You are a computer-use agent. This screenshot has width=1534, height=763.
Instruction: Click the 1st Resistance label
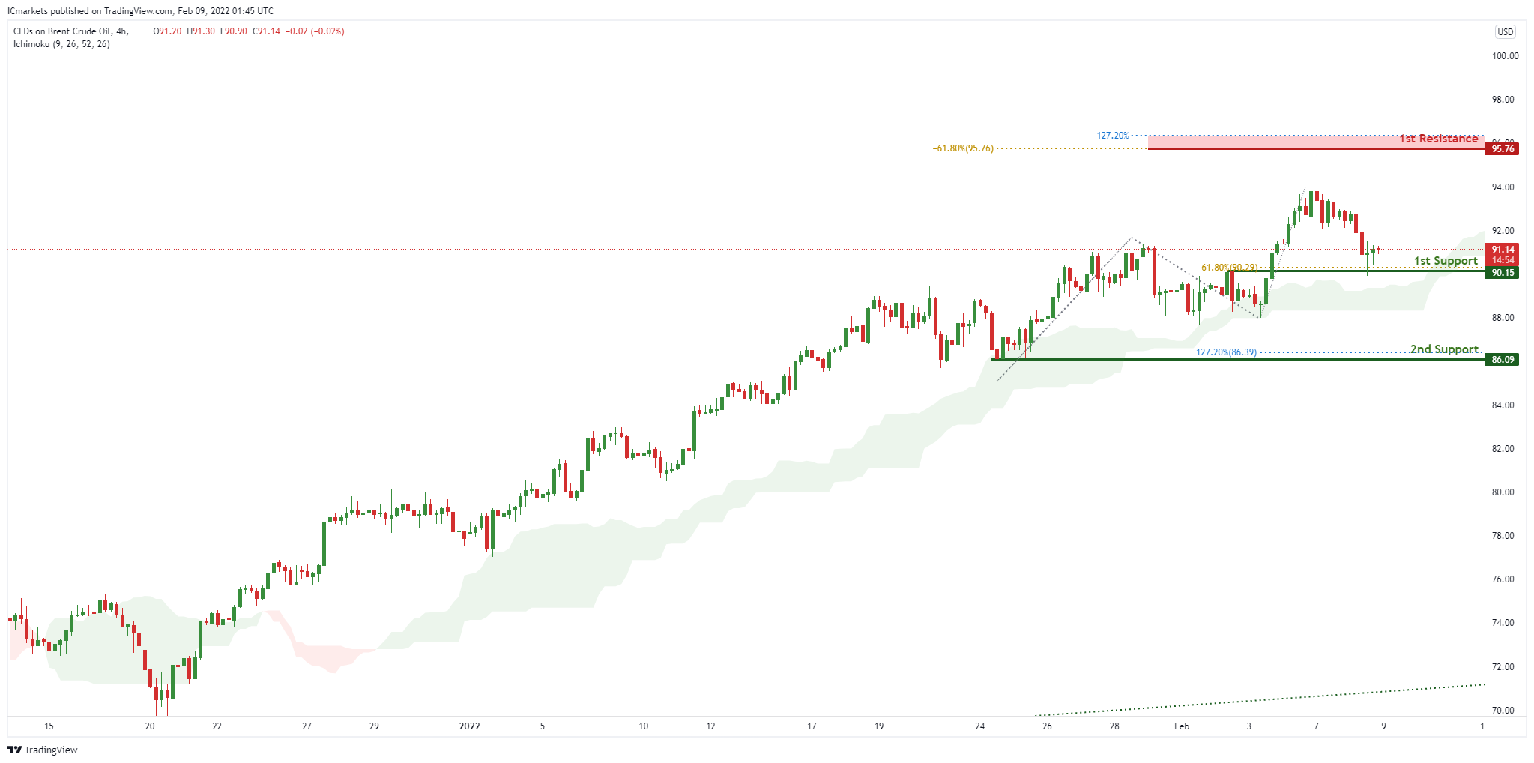pyautogui.click(x=1438, y=139)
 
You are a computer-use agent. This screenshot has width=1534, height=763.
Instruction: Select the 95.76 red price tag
pyautogui.click(x=1502, y=149)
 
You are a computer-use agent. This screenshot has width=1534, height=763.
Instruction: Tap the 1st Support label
pyautogui.click(x=1446, y=261)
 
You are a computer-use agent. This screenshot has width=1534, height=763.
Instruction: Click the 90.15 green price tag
pyautogui.click(x=1502, y=273)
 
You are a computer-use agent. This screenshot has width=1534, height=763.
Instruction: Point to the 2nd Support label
pyautogui.click(x=1444, y=349)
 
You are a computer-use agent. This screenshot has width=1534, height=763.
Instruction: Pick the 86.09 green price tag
pyautogui.click(x=1502, y=360)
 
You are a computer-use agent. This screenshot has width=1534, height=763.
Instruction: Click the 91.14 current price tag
pyautogui.click(x=1502, y=250)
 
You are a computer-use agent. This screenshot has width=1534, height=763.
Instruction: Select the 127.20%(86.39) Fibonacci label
pyautogui.click(x=1226, y=352)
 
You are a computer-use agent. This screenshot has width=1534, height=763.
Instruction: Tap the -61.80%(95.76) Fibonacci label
pyautogui.click(x=963, y=148)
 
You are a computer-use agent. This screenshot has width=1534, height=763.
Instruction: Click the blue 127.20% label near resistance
pyautogui.click(x=1113, y=136)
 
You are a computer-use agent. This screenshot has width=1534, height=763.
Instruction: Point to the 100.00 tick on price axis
pyautogui.click(x=1505, y=56)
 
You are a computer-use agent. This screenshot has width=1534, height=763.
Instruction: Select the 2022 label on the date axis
pyautogui.click(x=470, y=726)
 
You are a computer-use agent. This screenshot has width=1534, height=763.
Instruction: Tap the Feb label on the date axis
pyautogui.click(x=1182, y=726)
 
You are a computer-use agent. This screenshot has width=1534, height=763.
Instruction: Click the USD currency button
pyautogui.click(x=1505, y=32)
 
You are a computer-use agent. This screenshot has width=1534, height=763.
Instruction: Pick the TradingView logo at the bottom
pyautogui.click(x=43, y=750)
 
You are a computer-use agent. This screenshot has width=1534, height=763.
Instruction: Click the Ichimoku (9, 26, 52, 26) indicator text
pyautogui.click(x=61, y=44)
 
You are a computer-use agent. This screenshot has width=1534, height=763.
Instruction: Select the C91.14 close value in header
pyautogui.click(x=266, y=31)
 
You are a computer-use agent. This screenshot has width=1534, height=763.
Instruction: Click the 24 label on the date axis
pyautogui.click(x=979, y=726)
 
